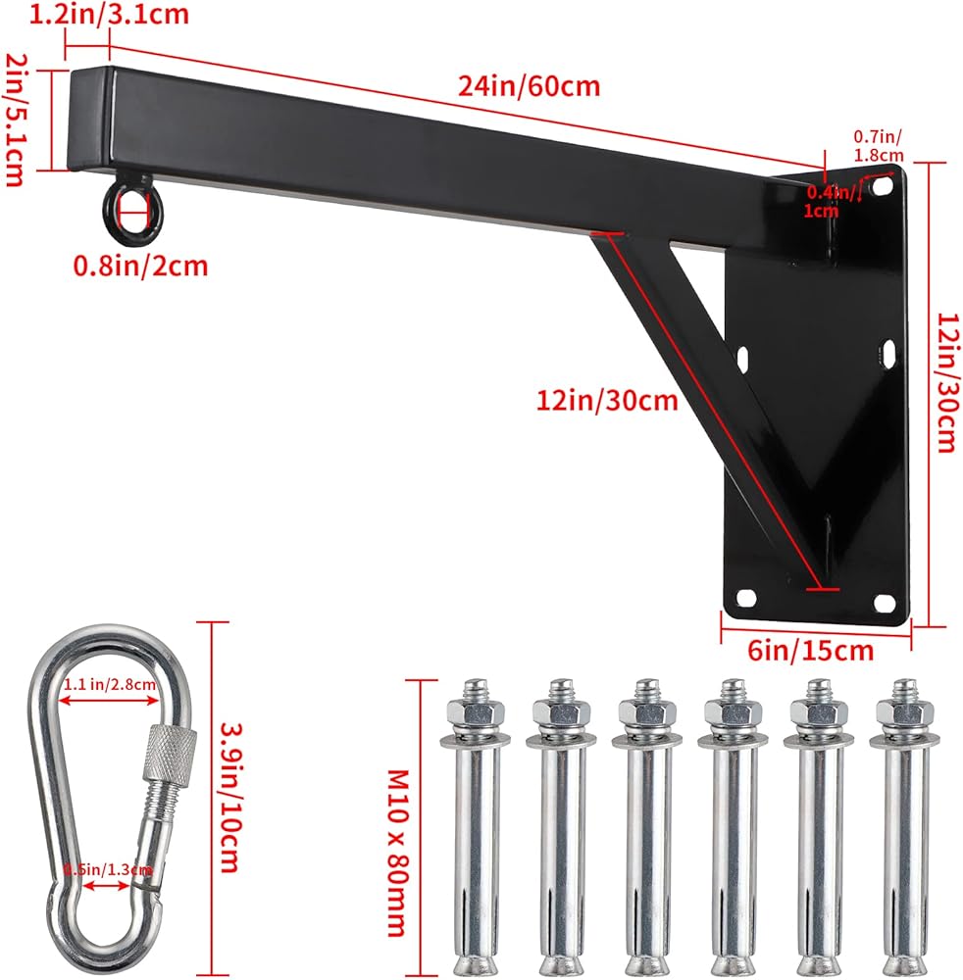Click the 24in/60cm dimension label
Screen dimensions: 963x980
tap(529, 85)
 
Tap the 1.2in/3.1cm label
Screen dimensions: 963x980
tap(110, 14)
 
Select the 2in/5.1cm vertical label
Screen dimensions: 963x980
tap(17, 120)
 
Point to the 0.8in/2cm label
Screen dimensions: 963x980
tap(140, 266)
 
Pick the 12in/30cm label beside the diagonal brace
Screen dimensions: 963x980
tap(607, 400)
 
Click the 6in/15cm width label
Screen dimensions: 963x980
tap(810, 651)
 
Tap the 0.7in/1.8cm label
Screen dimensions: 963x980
tap(879, 146)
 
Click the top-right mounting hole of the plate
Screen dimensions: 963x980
tap(882, 185)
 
